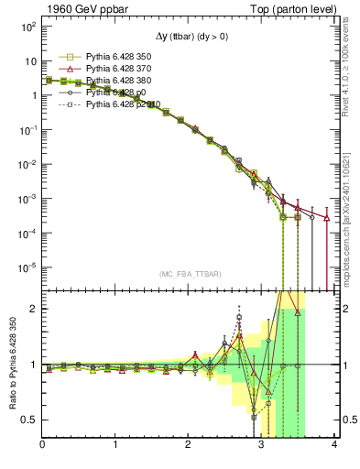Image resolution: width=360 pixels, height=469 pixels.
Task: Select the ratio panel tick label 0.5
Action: [29, 420]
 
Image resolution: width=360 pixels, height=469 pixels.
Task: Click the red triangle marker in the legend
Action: [64, 69]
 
